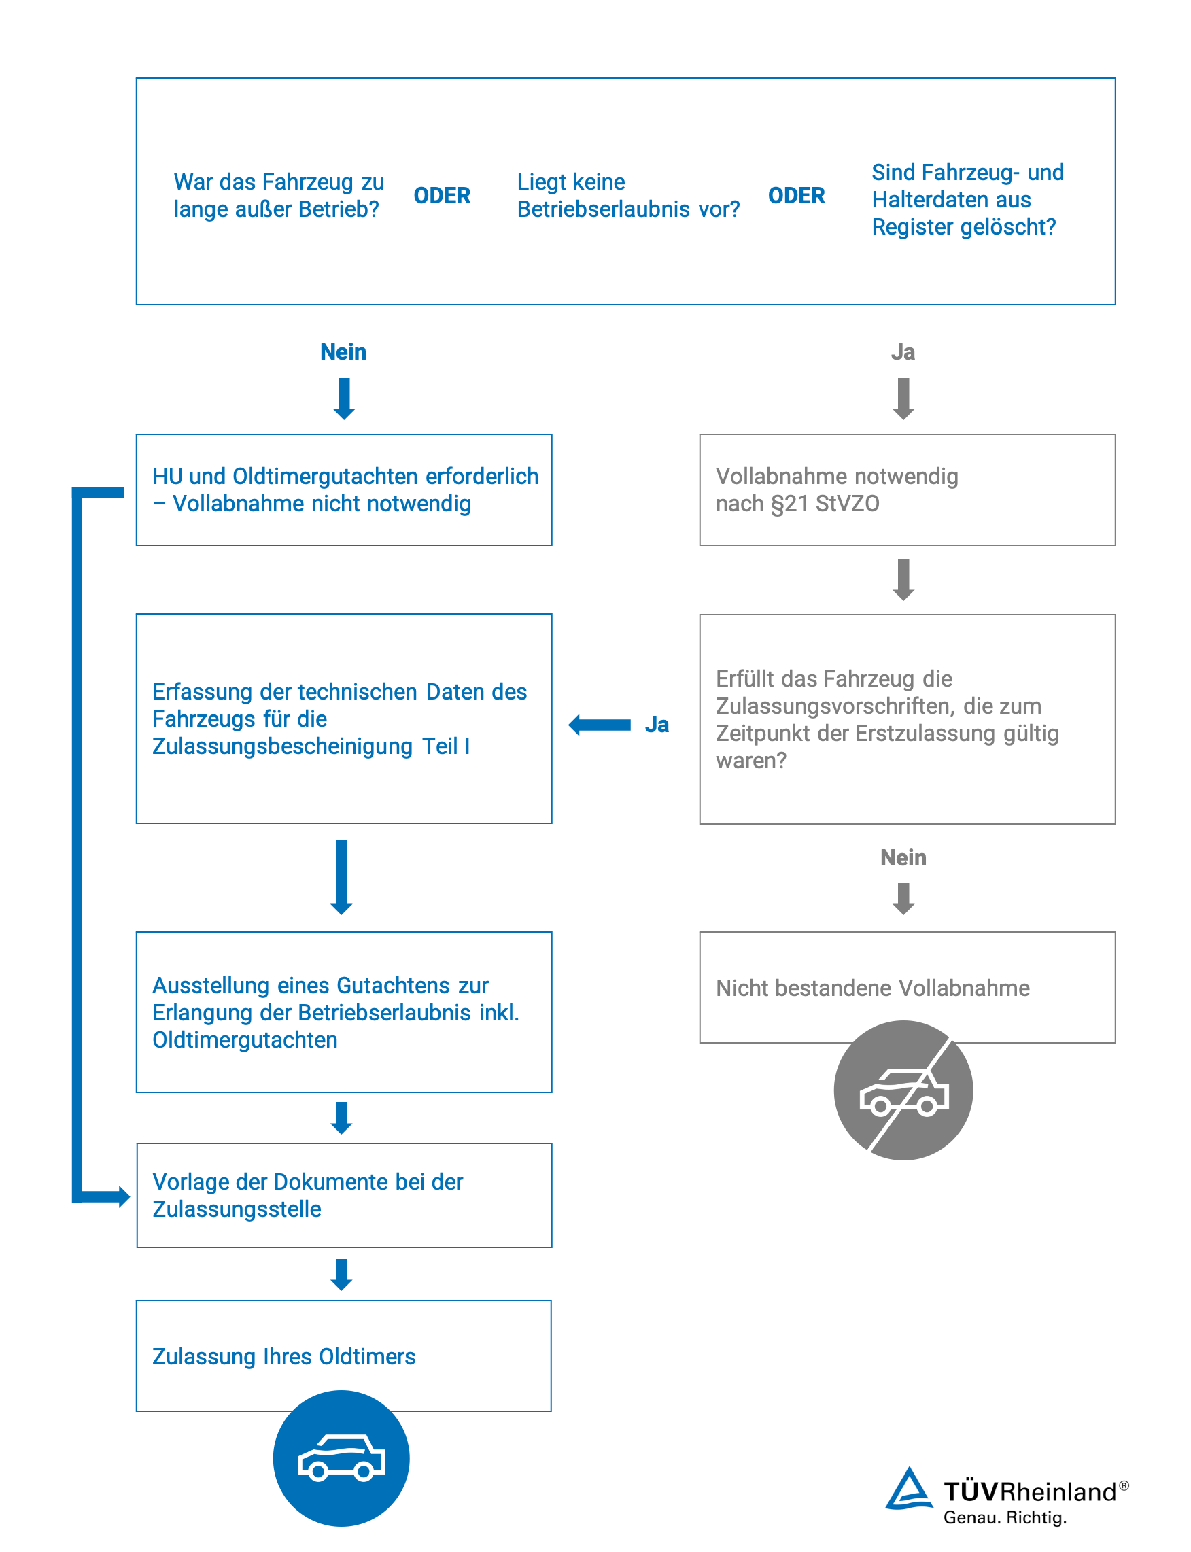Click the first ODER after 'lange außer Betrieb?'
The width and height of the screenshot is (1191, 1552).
tap(442, 196)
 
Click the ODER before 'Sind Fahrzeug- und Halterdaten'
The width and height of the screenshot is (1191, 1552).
tap(796, 196)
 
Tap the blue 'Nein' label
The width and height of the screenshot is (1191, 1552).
tap(343, 351)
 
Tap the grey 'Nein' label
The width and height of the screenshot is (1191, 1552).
tap(903, 857)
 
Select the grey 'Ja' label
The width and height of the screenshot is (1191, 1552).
tap(903, 351)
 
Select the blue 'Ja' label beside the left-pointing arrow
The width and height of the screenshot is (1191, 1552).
tap(657, 725)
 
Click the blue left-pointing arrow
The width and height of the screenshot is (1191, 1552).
tap(600, 725)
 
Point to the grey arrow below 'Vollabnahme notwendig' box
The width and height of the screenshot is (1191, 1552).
tap(903, 580)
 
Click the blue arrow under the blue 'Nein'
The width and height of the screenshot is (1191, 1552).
tap(344, 399)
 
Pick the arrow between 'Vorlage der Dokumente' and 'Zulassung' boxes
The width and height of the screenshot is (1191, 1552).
tap(342, 1274)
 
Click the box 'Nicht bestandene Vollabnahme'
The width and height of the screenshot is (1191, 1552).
tap(908, 987)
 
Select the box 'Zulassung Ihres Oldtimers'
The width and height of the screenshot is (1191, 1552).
tap(344, 1355)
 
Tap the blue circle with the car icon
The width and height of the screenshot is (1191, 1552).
tap(341, 1458)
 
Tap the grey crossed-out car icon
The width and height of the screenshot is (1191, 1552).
tap(903, 1090)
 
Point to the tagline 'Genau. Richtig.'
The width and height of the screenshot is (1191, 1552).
tap(1005, 1517)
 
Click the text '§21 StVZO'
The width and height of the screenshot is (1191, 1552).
tap(825, 503)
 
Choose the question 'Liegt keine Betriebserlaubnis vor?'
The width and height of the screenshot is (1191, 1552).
tap(628, 196)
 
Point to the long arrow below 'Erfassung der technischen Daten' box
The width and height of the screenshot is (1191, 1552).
tap(342, 877)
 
